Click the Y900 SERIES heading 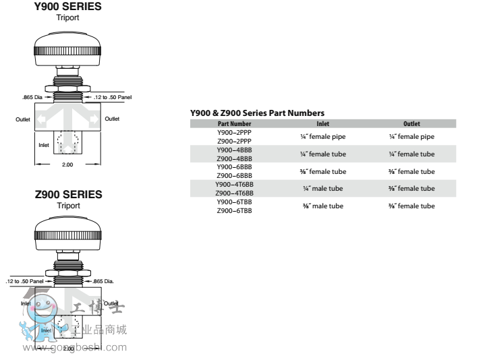click(67, 7)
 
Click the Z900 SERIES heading click(68, 195)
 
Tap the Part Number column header click(234, 124)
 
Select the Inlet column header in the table click(323, 124)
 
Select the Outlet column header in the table click(411, 124)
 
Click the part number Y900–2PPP click(234, 132)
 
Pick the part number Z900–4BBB click(234, 158)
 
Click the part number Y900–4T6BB click(234, 184)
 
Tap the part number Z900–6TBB click(234, 210)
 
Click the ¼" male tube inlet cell click(323, 189)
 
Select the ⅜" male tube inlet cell click(323, 206)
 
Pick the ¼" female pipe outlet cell click(411, 137)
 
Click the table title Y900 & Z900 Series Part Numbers click(257, 113)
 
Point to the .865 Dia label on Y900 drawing click(32, 97)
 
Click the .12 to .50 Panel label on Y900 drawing click(113, 97)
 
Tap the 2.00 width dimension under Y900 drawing click(67, 164)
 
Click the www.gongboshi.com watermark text click(75, 348)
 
